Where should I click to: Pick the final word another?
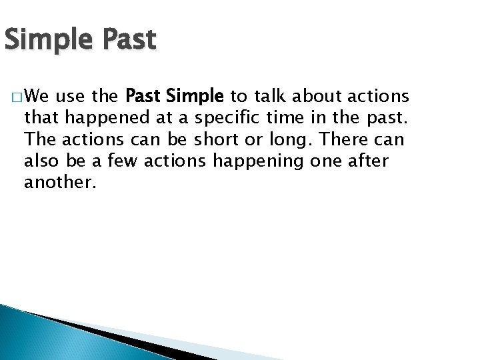(60, 183)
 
